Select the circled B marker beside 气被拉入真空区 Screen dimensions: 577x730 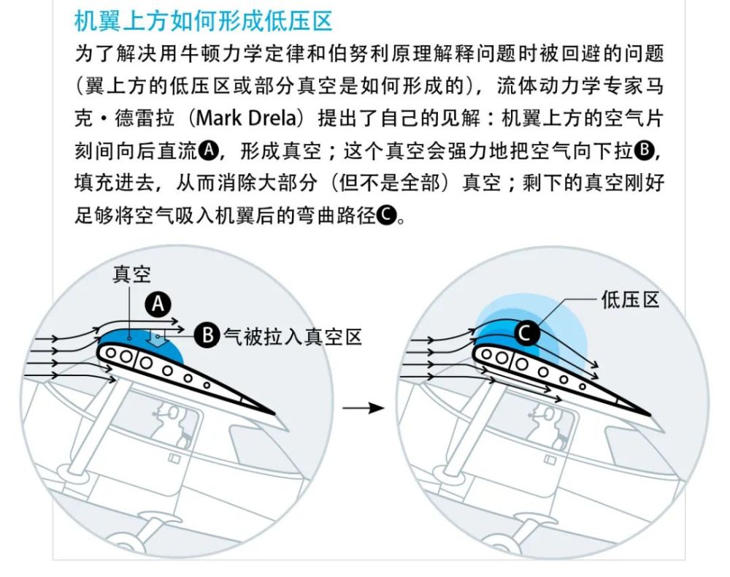tap(210, 336)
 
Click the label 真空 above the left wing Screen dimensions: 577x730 tap(131, 275)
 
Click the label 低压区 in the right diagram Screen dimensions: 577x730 tap(630, 299)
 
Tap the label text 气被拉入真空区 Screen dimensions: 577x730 tap(293, 336)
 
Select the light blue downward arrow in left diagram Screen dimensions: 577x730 tap(157, 337)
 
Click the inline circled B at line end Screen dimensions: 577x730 tap(643, 150)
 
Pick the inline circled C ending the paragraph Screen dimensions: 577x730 tap(386, 215)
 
